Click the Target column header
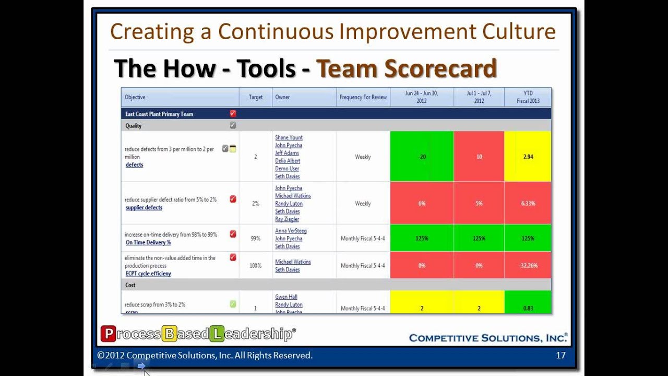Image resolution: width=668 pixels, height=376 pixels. [x=255, y=97]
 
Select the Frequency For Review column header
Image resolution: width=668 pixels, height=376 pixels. [x=363, y=97]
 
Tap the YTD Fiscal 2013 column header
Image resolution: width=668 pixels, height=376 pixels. [x=528, y=97]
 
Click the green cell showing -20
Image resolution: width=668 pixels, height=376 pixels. [x=422, y=157]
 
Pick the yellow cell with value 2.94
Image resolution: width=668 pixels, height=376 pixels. [x=528, y=157]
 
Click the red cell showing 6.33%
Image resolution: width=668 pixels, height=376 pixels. [x=528, y=204]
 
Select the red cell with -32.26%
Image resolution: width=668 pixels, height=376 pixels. [x=528, y=266]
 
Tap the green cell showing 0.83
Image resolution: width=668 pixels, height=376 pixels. [x=528, y=308]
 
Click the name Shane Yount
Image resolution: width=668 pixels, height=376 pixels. [x=289, y=138]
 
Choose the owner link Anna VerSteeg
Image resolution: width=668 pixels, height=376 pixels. [x=291, y=231]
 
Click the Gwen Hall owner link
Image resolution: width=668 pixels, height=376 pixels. [x=286, y=297]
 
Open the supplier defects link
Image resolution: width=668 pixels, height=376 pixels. [x=144, y=208]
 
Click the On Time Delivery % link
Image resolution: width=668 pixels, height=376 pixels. [x=148, y=243]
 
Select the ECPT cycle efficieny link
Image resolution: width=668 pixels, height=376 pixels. [x=148, y=274]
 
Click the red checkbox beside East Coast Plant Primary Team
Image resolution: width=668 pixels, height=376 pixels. [x=233, y=114]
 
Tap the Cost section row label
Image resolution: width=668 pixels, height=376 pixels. [x=130, y=285]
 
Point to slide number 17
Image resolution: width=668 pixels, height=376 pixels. [x=560, y=356]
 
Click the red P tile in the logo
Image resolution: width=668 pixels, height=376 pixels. [x=108, y=334]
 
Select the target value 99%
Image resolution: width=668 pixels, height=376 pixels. [x=255, y=239]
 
